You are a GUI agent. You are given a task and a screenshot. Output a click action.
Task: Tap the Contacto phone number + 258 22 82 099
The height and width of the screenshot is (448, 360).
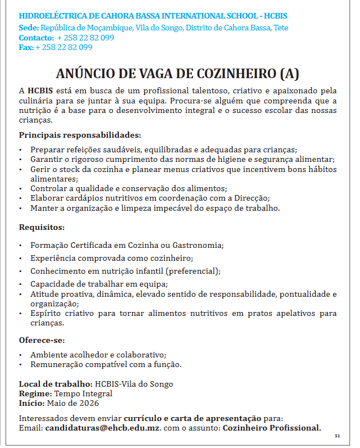85,38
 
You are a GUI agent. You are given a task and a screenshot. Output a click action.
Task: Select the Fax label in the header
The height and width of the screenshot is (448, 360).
26,47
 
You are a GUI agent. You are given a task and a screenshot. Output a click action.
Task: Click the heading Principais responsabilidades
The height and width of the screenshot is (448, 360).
80,135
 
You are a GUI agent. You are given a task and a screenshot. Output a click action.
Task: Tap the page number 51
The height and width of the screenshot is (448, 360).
338,436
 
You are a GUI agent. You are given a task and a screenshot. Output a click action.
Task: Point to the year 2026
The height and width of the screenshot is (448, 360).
88,403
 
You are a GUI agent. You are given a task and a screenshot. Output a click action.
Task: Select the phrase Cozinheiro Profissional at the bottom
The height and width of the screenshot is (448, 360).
272,428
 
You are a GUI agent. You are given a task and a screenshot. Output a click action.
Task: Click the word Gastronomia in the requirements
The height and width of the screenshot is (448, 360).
198,246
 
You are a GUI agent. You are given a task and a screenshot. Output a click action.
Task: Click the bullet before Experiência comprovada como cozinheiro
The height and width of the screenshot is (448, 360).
21,258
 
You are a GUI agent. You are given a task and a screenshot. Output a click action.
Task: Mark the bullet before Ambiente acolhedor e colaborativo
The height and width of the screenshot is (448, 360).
21,355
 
